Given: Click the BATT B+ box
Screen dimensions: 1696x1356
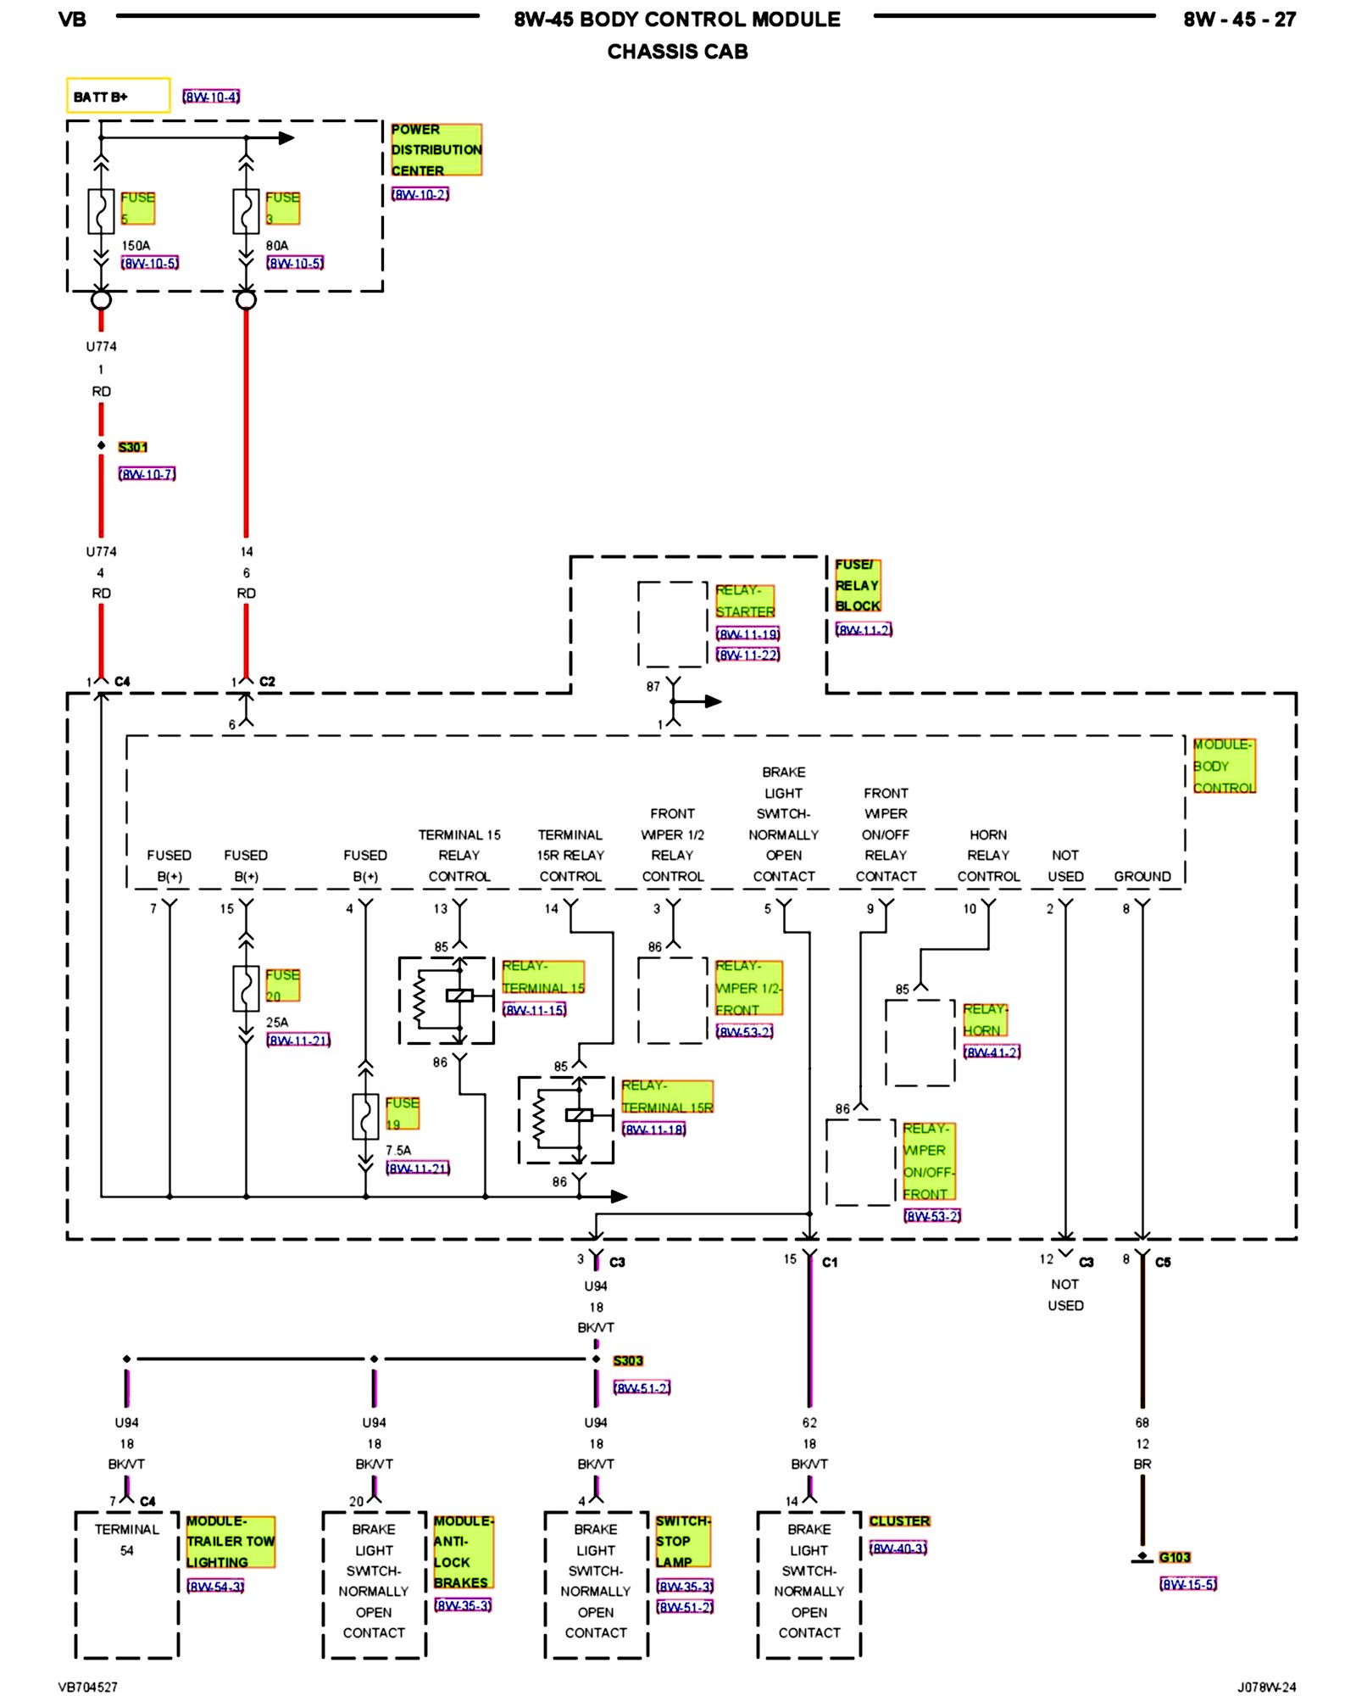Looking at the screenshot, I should coord(118,96).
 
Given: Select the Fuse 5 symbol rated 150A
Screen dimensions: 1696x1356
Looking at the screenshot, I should coord(101,211).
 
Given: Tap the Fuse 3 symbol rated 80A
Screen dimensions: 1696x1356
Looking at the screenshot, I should coord(246,211).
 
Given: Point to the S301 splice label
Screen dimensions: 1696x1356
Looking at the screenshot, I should coord(133,447).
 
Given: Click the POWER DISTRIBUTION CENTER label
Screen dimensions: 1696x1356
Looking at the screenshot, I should coord(436,150).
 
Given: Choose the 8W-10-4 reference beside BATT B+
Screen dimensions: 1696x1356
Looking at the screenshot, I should coord(211,97).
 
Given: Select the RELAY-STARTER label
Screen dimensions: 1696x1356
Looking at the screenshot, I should coord(745,601).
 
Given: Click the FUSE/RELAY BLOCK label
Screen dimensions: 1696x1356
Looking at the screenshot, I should coord(857,585).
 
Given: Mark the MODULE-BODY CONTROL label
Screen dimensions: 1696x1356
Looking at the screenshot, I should coord(1224,766).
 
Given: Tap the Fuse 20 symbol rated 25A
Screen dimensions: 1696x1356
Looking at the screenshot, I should coord(246,989).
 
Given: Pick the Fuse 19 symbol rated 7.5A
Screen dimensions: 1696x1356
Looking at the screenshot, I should coord(365,1117).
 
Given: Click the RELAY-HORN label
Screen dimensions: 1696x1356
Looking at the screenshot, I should coord(985,1020).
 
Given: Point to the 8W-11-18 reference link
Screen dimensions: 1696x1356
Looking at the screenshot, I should coord(653,1130).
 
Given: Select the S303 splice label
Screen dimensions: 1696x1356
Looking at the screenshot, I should coord(628,1361).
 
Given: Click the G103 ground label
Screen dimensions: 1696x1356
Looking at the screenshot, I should coord(1175,1558).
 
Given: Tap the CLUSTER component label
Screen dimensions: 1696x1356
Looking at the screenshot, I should coord(899,1521).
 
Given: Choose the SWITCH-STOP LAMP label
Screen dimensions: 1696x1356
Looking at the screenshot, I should coord(682,1542).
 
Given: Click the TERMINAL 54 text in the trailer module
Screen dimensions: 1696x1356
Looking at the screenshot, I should coord(126,1540).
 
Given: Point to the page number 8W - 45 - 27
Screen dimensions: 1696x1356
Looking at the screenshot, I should coord(1239,20).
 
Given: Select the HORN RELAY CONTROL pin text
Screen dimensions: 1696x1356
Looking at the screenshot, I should coord(988,856).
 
